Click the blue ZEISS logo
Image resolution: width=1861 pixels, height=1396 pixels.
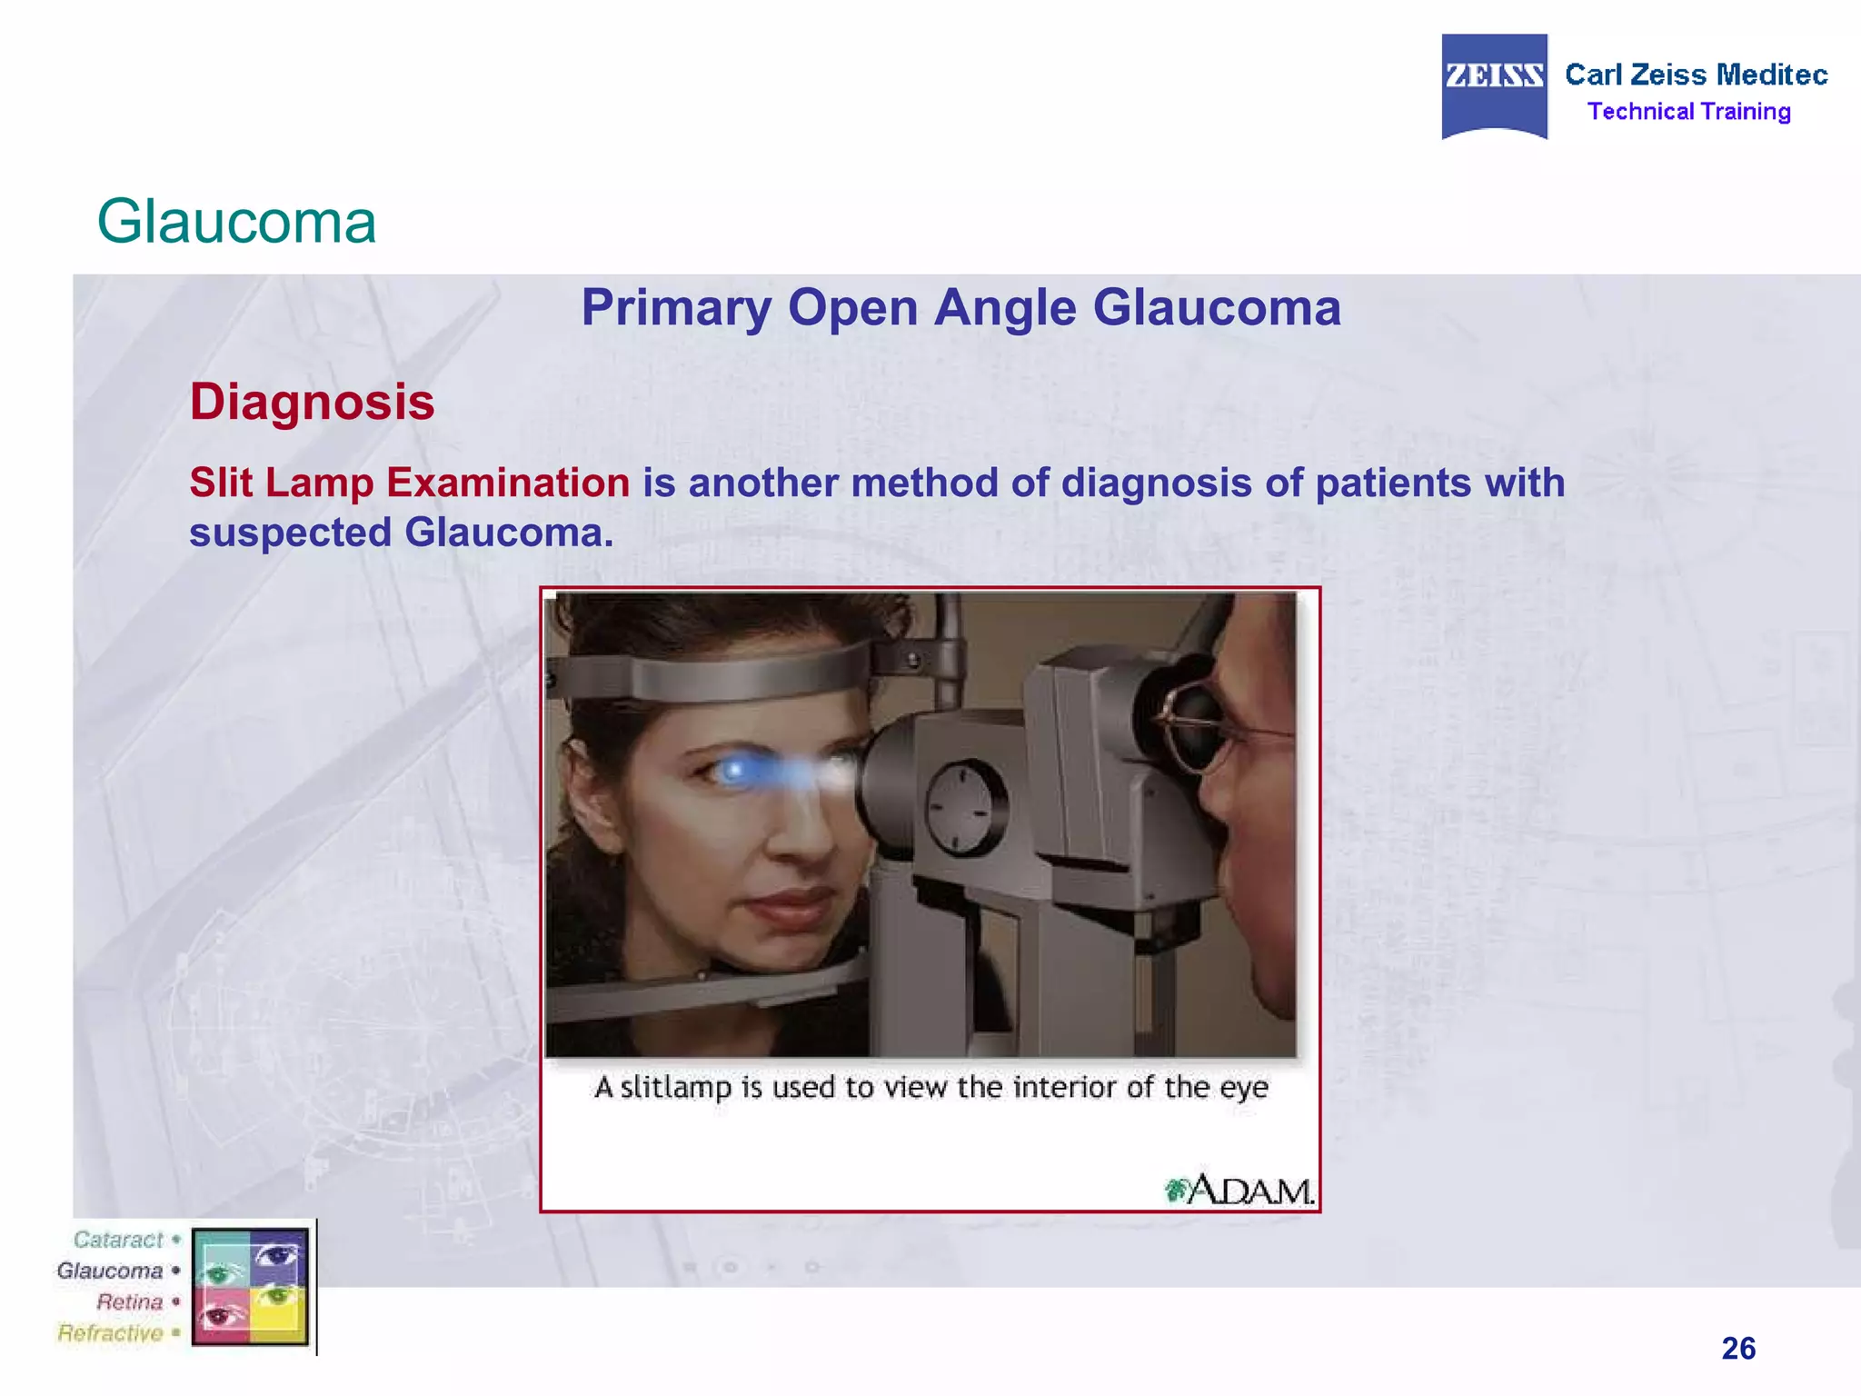click(x=1494, y=84)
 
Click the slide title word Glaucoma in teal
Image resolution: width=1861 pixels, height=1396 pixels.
click(x=236, y=222)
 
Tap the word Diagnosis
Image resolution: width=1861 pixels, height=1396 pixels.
click(x=312, y=402)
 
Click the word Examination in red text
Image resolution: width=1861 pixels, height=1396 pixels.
click(x=508, y=483)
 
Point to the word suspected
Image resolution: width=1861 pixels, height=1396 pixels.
click(x=290, y=533)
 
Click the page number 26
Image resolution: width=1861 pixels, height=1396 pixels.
click(x=1737, y=1348)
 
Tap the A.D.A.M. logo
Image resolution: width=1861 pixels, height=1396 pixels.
click(x=1241, y=1190)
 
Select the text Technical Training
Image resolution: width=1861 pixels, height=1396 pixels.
click(x=1688, y=112)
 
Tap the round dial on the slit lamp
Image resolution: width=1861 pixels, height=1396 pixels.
click(x=965, y=806)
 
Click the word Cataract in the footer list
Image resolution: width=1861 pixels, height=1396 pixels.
click(x=118, y=1240)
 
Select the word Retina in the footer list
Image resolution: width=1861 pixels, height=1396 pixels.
click(x=129, y=1302)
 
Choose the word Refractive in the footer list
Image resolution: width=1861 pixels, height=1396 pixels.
click(x=110, y=1333)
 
